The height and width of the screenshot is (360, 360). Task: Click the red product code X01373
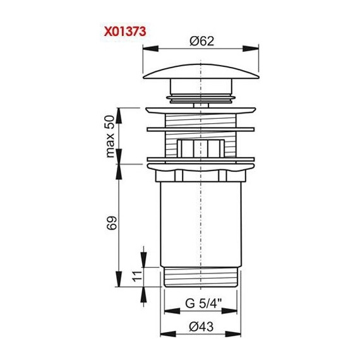(125, 32)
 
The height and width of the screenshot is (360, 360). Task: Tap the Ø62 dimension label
(202, 41)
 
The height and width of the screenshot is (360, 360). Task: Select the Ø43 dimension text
(201, 327)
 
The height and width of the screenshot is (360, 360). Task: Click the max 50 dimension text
(110, 136)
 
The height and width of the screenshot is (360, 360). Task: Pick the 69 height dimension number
(112, 222)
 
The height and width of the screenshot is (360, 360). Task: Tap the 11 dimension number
(137, 276)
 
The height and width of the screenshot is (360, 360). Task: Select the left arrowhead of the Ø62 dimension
(150, 49)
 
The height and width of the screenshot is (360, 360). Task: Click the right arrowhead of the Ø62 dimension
(251, 49)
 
